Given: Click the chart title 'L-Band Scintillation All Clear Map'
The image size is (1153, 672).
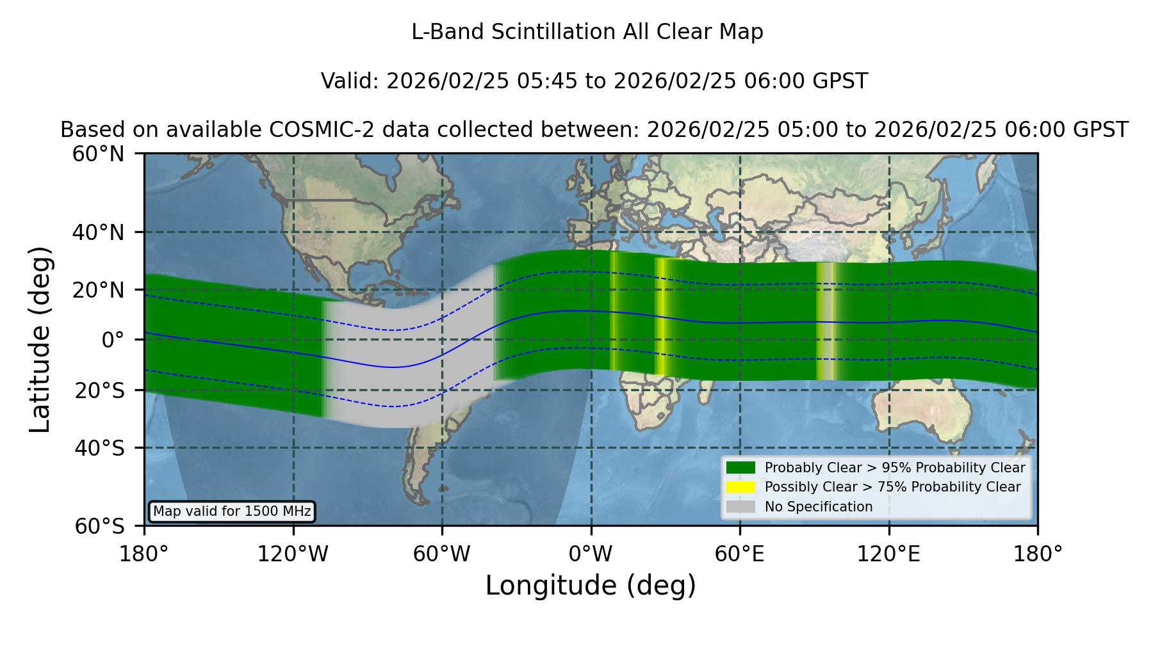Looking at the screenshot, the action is coord(587,32).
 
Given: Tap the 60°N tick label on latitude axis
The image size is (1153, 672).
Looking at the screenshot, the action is coord(99,154).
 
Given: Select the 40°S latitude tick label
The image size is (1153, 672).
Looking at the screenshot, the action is coord(100,448).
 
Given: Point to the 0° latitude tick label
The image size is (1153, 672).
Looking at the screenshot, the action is coord(113,340).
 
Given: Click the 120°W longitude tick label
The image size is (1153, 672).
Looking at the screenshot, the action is coord(293,554).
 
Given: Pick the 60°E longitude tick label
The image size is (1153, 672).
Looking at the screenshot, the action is coord(740,554).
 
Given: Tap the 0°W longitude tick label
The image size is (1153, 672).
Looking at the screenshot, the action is coord(591,554).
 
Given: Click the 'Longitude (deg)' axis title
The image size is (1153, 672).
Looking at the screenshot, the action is coord(591,586).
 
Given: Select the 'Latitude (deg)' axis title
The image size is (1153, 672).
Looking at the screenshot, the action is coord(40,339).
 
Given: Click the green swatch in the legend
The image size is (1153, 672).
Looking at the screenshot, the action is coord(741,468).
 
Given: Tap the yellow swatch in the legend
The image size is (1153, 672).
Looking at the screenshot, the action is coord(741,487).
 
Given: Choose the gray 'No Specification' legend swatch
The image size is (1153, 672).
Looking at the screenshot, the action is coord(741,507).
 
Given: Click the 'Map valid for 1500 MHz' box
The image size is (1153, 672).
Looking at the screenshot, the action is coord(232,511).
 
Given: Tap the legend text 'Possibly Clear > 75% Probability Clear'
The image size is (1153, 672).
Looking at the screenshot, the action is coord(893,487).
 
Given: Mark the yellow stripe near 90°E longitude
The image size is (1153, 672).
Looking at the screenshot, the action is coord(827,321).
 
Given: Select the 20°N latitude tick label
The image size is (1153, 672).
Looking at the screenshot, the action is coord(99,290).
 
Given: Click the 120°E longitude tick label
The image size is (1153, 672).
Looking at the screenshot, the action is coord(889,554).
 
